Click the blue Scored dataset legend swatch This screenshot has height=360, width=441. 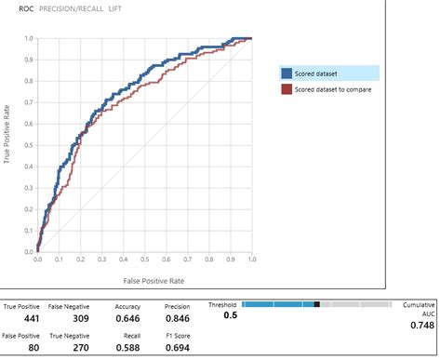[x=287, y=73]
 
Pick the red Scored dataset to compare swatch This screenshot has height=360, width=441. [x=287, y=89]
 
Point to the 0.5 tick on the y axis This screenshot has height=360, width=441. [x=30, y=145]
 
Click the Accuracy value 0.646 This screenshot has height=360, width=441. [x=127, y=318]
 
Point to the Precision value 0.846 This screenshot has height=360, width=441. [x=177, y=318]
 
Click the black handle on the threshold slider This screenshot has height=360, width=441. [x=316, y=304]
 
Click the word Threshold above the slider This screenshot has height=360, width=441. [x=222, y=304]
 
